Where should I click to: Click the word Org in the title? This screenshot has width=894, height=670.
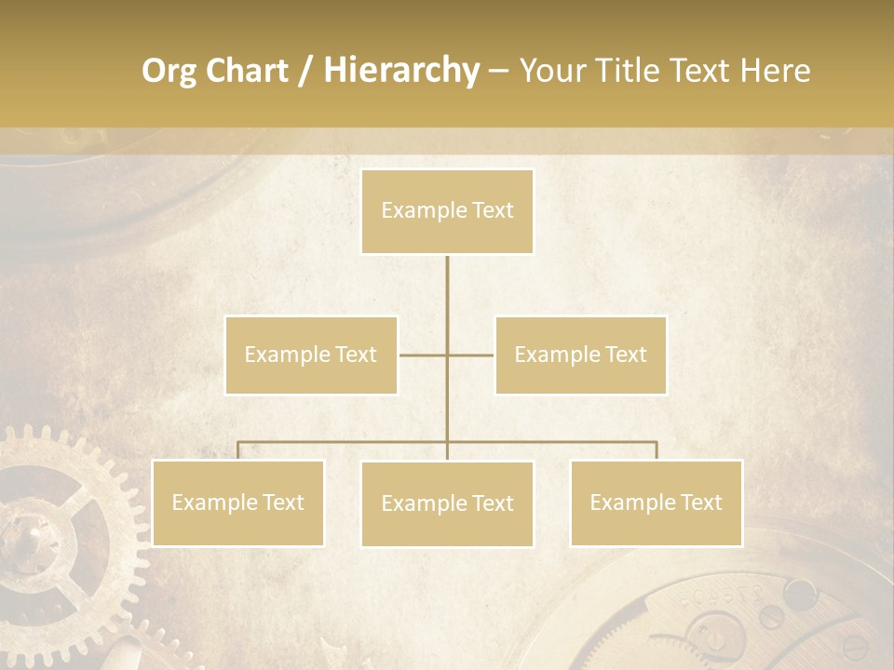point(169,71)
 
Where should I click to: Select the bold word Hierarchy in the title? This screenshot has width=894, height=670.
point(400,71)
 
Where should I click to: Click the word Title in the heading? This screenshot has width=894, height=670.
point(631,71)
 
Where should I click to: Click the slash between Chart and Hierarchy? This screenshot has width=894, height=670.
point(305,72)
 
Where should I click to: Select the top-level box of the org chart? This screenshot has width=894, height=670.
point(447,211)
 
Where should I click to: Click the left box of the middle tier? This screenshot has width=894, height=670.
point(311,355)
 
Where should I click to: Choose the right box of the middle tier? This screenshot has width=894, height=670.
point(580,355)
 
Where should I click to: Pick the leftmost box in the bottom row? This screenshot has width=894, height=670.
point(237,502)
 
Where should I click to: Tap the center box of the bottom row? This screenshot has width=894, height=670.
point(447,503)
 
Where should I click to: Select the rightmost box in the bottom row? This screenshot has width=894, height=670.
point(656,502)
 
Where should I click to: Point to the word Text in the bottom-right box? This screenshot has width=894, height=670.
point(700,502)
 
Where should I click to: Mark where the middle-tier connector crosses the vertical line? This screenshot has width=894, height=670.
point(447,355)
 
